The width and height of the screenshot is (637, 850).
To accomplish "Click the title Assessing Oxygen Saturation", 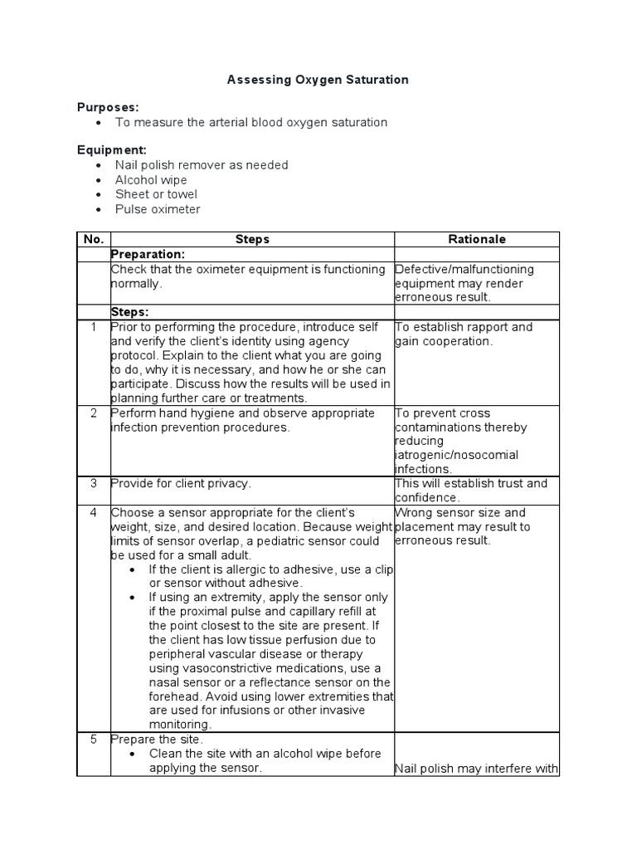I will tap(318, 80).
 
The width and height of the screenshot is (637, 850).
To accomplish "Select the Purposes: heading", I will tap(108, 107).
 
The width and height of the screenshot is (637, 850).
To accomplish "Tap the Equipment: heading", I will tap(112, 150).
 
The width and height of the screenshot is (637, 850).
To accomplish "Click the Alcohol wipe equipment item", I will tap(151, 180).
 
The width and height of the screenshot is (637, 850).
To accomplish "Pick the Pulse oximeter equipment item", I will tap(158, 209).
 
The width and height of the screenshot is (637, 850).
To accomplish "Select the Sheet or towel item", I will tap(156, 194).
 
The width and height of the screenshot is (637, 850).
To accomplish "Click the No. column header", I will tap(92, 239).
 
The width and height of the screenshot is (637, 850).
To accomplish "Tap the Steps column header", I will tap(252, 239).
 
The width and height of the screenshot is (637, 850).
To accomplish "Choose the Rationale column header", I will tap(477, 239).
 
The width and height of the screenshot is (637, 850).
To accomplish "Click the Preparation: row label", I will tap(148, 254).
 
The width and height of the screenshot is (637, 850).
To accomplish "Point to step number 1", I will tap(93, 327).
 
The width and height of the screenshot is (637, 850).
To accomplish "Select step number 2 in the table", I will tap(93, 413).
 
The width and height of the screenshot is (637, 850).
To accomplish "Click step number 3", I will tap(93, 483).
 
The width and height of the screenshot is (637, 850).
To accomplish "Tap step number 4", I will tap(93, 513).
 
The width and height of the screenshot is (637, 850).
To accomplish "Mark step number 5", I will tap(93, 739).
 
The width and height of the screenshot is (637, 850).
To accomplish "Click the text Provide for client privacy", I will tap(181, 483).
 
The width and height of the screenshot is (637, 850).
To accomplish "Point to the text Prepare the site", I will tap(157, 739).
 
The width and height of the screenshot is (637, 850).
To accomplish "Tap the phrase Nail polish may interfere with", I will tap(477, 769).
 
